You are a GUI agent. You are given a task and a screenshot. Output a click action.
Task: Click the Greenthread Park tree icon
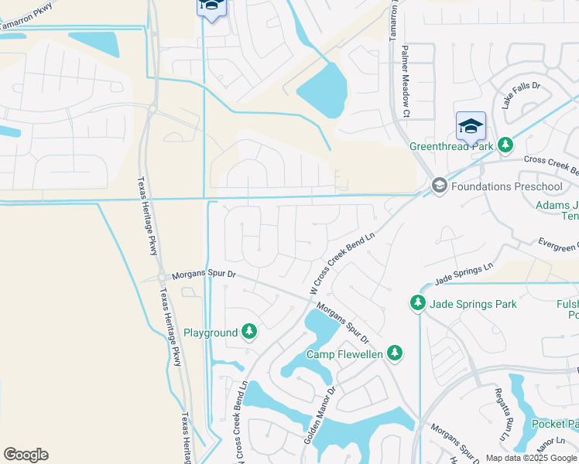click(x=505, y=145)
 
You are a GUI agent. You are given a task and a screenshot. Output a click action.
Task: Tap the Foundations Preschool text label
click(x=506, y=186)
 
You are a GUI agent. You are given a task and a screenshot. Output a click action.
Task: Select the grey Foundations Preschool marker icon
click(x=439, y=186)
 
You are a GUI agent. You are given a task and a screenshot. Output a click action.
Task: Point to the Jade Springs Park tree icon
click(x=418, y=304)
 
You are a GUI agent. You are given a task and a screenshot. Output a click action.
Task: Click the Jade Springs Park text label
click(x=473, y=304)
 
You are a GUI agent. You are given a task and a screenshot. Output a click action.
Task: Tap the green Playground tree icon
click(x=248, y=333)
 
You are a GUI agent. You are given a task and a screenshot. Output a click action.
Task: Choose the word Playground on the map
click(x=211, y=333)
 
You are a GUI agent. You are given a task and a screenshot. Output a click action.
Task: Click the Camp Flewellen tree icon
click(x=395, y=353)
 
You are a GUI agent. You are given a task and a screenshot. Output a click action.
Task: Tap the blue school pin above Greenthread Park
click(x=471, y=125)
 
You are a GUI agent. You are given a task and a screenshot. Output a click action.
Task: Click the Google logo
click(x=26, y=455)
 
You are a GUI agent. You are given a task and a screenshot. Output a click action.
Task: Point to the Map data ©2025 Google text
click(x=532, y=458)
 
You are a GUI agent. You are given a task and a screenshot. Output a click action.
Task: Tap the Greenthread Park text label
click(x=451, y=145)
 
